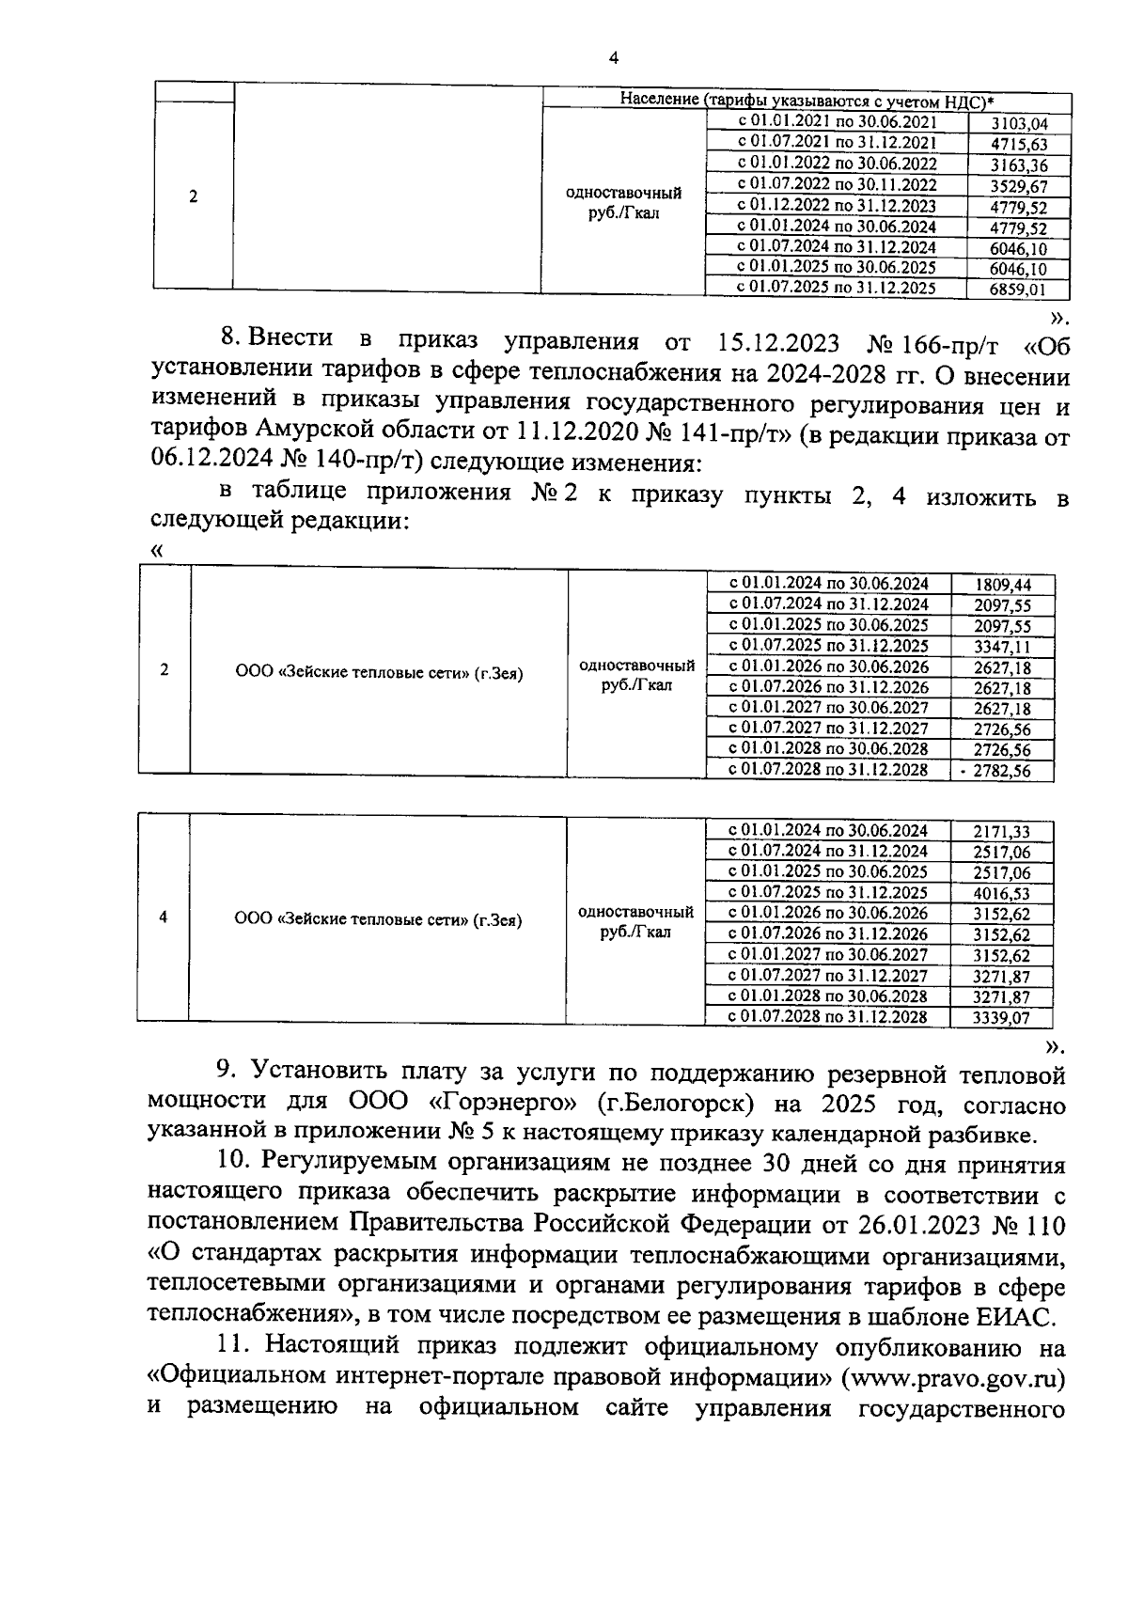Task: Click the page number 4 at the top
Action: tap(614, 58)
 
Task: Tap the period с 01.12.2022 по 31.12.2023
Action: tap(836, 206)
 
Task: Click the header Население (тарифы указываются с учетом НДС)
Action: tap(807, 101)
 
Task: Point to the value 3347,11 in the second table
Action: tap(1002, 647)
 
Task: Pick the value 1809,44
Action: tap(1002, 585)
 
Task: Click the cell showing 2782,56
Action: tap(1002, 771)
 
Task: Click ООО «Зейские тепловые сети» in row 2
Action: tap(378, 673)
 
